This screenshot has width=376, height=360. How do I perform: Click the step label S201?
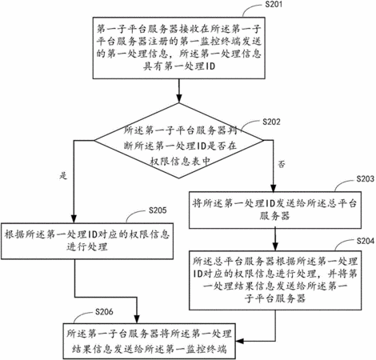point(274,5)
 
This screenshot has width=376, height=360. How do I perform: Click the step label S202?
point(271,122)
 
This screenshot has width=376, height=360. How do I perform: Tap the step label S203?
point(365,178)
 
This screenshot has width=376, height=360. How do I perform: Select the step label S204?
point(366,241)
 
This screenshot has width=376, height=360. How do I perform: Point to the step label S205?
point(158,210)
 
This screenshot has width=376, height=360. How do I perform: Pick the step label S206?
point(104,311)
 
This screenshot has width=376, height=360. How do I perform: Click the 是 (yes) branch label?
point(63,176)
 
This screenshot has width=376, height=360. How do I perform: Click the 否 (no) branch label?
point(282,164)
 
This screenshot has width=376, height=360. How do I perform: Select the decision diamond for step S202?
point(179,141)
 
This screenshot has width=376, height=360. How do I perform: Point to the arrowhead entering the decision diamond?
point(179,98)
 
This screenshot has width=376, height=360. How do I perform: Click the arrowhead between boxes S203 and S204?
point(275,246)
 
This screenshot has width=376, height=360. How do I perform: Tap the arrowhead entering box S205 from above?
point(74,218)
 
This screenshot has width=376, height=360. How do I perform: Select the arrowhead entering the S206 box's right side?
point(240,341)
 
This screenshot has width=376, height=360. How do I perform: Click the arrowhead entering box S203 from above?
point(274,187)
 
